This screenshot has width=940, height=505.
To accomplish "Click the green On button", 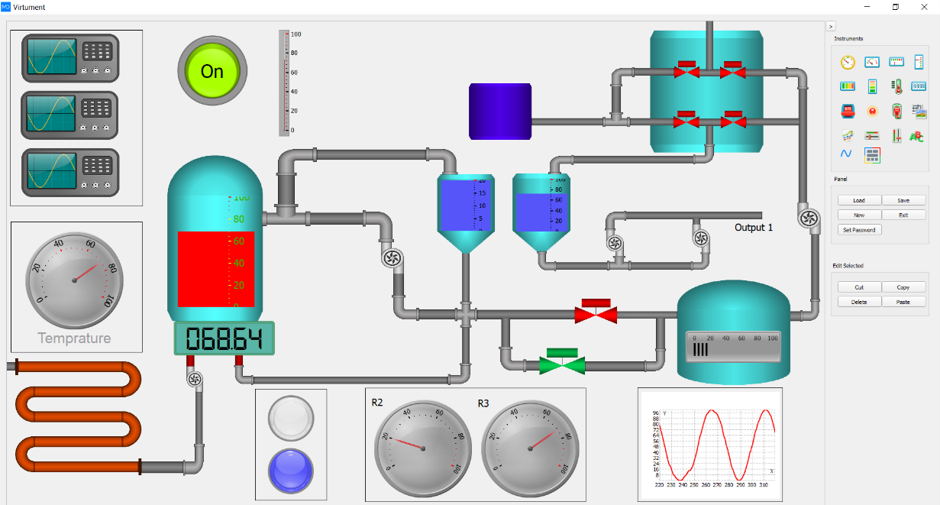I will click(212, 71).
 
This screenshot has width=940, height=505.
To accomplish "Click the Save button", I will click(903, 200).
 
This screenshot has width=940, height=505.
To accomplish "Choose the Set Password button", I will click(859, 229).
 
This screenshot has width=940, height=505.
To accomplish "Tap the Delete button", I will click(859, 302).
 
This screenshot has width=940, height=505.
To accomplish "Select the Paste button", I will click(903, 302).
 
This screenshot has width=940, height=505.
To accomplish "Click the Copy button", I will click(903, 287).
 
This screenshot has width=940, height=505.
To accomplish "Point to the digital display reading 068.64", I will click(224, 338).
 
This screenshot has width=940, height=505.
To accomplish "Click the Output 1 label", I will click(754, 228).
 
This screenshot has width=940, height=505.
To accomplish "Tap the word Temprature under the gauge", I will click(74, 338).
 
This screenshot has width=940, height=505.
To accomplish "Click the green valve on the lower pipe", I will click(562, 361).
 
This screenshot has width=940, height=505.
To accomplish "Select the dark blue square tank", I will click(500, 112).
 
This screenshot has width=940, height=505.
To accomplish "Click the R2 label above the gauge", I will click(377, 403).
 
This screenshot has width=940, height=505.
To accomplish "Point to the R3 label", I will click(483, 403).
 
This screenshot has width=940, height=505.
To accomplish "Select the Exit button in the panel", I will click(903, 215).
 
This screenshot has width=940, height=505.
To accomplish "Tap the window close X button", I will click(925, 7).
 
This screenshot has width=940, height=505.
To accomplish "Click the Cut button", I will click(859, 287).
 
